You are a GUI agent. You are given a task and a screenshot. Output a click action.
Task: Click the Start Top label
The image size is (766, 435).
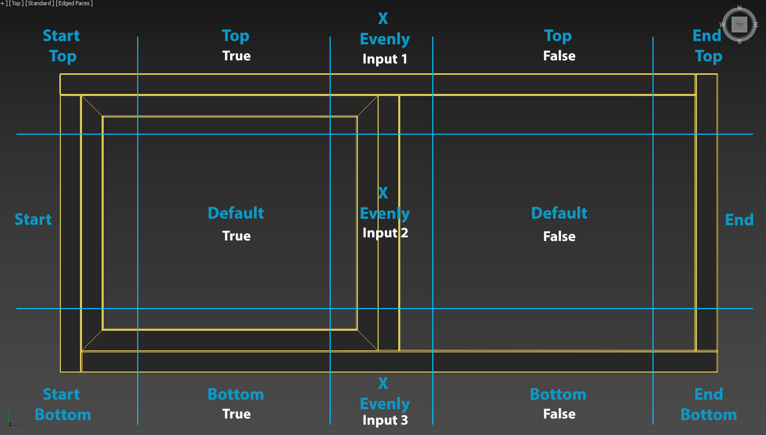[62, 46]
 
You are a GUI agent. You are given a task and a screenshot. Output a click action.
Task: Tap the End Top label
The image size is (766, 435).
[708, 46]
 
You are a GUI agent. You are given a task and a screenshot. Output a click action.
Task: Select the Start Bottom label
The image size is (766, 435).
[62, 405]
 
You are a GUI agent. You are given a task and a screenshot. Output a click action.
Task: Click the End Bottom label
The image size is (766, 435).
[708, 405]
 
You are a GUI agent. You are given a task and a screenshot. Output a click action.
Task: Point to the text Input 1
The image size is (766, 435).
[385, 59]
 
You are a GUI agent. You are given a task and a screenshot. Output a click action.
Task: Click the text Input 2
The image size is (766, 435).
[385, 233]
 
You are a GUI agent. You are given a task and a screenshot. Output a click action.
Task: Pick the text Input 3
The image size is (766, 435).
[385, 420]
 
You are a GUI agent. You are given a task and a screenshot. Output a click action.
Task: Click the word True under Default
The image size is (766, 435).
[236, 236]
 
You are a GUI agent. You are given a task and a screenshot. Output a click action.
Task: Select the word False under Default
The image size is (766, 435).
[559, 236]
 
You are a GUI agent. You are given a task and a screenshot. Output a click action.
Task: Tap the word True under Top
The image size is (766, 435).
[236, 56]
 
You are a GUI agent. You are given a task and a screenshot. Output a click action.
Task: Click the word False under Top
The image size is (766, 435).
[559, 56]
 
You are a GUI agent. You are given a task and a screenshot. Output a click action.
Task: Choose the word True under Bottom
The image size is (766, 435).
[236, 414]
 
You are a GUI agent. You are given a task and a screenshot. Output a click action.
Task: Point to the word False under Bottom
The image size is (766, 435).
[559, 414]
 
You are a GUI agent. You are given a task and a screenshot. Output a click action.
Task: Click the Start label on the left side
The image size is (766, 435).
[33, 219]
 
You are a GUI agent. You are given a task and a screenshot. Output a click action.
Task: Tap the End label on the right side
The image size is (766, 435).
[739, 220]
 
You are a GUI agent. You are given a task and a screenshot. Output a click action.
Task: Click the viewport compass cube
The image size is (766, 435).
[739, 24]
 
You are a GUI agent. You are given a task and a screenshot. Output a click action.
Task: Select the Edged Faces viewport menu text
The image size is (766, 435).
[74, 4]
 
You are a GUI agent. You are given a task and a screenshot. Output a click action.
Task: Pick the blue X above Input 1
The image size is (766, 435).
[383, 19]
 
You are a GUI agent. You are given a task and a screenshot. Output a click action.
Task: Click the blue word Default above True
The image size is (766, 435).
[236, 213]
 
